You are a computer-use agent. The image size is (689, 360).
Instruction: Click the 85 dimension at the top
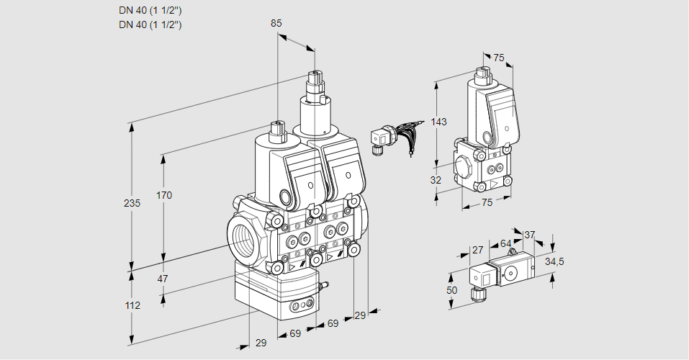tap(276, 23)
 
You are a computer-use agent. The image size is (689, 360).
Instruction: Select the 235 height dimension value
tap(132, 203)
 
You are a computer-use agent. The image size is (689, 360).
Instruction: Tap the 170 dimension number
tap(164, 195)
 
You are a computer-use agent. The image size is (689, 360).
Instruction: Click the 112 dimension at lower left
tap(132, 305)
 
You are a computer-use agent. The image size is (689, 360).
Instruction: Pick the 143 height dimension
tap(438, 122)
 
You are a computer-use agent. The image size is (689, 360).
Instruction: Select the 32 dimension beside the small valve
tap(436, 180)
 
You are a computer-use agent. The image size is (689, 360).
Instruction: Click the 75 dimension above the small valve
tap(498, 58)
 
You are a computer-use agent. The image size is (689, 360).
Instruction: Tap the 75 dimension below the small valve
tap(487, 203)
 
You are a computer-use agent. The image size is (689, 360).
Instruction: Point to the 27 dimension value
tap(477, 250)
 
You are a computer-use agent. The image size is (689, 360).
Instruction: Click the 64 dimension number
tap(505, 244)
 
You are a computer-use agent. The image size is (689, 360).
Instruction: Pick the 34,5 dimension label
tap(554, 261)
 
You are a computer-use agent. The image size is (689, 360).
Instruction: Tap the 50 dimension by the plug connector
tap(451, 289)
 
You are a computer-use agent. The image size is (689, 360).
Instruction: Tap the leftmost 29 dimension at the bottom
tap(261, 343)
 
